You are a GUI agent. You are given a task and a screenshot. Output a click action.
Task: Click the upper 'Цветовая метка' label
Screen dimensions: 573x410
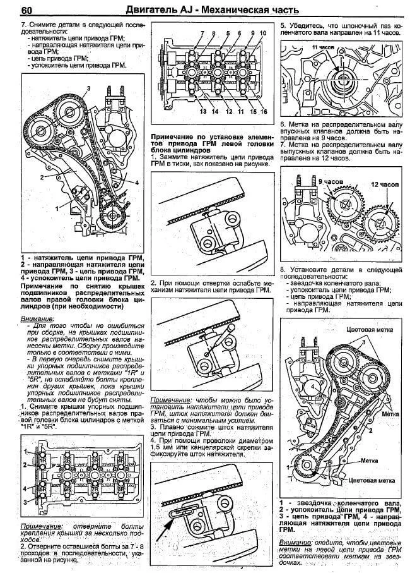[x=375, y=330]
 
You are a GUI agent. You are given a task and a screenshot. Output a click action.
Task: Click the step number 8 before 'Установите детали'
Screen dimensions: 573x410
[x=282, y=270]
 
